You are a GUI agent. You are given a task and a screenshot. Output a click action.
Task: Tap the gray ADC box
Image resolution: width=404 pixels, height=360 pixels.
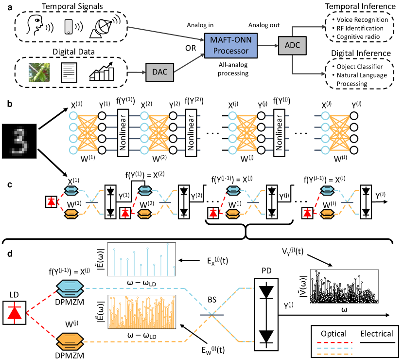click(291, 47)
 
